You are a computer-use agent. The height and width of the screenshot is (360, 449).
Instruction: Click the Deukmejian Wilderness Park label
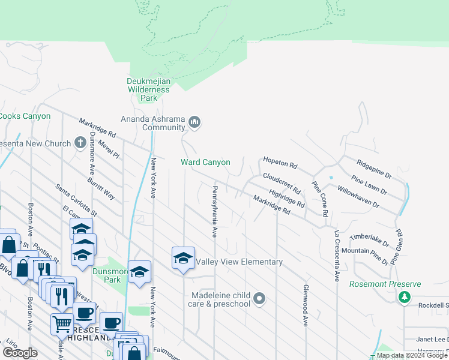pyautogui.click(x=148, y=89)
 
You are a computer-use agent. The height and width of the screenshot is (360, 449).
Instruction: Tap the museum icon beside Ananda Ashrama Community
pyautogui.click(x=194, y=123)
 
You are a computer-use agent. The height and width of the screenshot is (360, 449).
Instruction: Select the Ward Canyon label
pyautogui.click(x=205, y=162)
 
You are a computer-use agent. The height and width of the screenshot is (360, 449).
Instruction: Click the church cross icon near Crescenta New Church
pyautogui.click(x=81, y=143)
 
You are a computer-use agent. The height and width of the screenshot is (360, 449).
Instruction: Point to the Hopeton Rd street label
pyautogui.click(x=280, y=164)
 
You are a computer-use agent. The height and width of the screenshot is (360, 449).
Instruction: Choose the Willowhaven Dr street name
pyautogui.click(x=358, y=196)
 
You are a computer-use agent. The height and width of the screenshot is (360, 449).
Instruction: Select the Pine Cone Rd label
pyautogui.click(x=319, y=199)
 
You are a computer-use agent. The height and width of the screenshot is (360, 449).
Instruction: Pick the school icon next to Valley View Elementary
pyautogui.click(x=183, y=259)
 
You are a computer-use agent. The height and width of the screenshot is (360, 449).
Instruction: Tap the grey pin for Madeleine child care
pyautogui.click(x=259, y=298)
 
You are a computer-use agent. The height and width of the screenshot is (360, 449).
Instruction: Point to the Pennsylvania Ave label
pyautogui.click(x=213, y=211)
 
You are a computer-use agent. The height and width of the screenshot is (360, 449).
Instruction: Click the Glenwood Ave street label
pyautogui.click(x=306, y=305)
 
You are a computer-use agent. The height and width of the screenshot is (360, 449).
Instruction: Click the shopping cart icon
pyautogui.click(x=62, y=324)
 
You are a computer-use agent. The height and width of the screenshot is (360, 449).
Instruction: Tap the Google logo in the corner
pyautogui.click(x=20, y=353)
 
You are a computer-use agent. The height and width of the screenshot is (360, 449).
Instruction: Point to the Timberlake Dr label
pyautogui.click(x=371, y=239)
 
